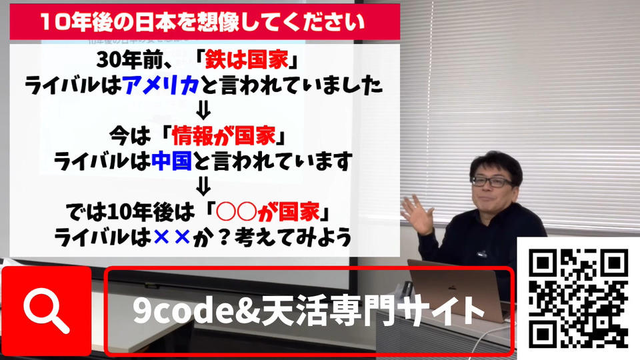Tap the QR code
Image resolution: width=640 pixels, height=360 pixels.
pos(579,299)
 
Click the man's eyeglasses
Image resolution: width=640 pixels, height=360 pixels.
pos(492,181)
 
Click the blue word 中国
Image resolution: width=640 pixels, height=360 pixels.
pos(171,161)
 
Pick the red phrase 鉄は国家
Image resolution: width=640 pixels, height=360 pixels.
pos(247,61)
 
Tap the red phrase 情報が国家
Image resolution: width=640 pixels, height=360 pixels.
pos(224,136)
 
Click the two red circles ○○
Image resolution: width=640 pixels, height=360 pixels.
pos(236,212)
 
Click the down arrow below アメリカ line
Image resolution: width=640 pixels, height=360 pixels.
pos(203,110)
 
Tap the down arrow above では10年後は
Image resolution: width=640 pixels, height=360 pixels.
pos(203,186)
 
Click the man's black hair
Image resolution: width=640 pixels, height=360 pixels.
pos(495,163)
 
